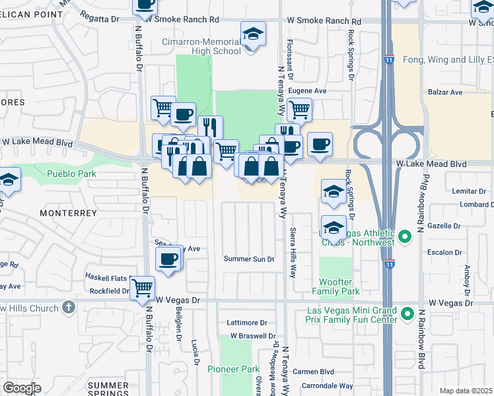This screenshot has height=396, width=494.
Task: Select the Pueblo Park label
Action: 72,174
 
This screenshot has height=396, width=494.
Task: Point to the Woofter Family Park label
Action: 335,286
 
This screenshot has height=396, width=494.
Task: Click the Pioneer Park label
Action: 234,369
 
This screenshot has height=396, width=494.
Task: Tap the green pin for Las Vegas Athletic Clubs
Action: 406,235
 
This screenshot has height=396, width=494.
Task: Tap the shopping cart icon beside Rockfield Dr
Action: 142,288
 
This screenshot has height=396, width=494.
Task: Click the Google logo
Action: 22,388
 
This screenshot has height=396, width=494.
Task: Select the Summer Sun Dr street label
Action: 248,259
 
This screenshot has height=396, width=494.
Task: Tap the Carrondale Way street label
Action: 328,385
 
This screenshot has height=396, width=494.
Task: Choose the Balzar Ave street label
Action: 446,92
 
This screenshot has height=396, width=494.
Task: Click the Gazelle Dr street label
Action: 444,225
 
